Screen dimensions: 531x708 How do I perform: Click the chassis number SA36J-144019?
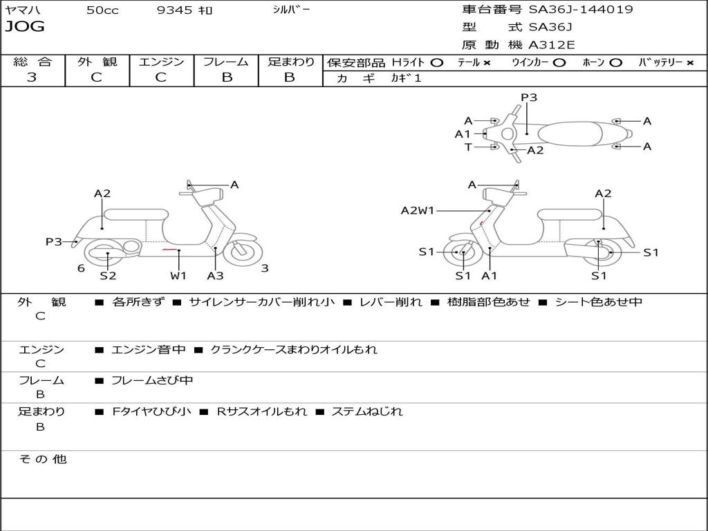581,10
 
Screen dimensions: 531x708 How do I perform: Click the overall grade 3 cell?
32,77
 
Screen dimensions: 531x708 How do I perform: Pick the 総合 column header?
32,62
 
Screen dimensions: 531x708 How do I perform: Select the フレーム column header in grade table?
225,62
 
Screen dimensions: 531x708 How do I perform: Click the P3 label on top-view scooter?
529,97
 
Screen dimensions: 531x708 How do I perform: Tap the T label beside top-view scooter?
468,147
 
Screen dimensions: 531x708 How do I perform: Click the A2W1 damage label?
418,210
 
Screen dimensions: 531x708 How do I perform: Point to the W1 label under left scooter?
178,275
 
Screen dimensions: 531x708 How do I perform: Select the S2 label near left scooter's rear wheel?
108,275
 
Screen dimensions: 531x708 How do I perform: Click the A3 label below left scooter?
215,275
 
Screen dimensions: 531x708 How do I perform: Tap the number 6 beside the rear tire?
81,268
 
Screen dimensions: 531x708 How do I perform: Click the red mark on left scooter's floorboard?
169,249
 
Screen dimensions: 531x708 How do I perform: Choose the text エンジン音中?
149,350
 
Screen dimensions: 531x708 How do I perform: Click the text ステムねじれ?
366,411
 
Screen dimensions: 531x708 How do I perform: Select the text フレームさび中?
152,380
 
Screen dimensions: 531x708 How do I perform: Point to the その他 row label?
42,459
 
